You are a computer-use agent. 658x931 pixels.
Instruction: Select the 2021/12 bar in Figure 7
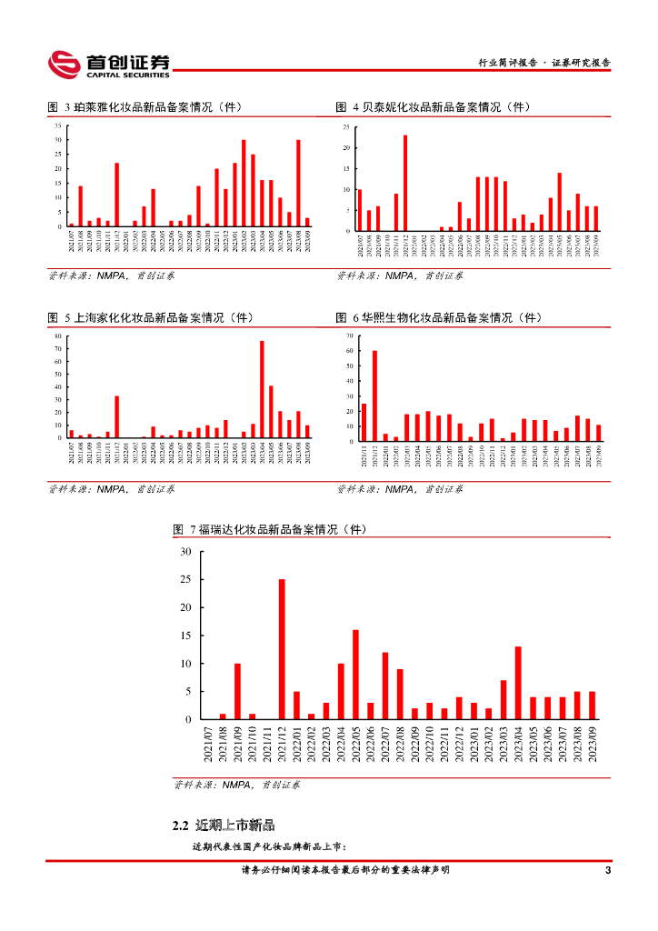coord(282,649)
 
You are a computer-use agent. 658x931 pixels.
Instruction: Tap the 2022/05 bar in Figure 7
coord(355,675)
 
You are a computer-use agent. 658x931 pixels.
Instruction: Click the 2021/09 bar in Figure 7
coord(237,692)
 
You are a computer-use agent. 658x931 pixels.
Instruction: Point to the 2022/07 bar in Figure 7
coord(385,686)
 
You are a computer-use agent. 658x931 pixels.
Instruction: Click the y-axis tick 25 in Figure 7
coord(185,579)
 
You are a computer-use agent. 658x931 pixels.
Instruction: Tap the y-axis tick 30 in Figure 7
coord(185,552)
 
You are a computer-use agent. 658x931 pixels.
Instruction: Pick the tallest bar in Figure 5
coord(262,389)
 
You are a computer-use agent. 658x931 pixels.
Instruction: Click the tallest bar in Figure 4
coord(405,183)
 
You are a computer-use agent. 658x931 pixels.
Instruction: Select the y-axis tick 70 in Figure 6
coord(348,336)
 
